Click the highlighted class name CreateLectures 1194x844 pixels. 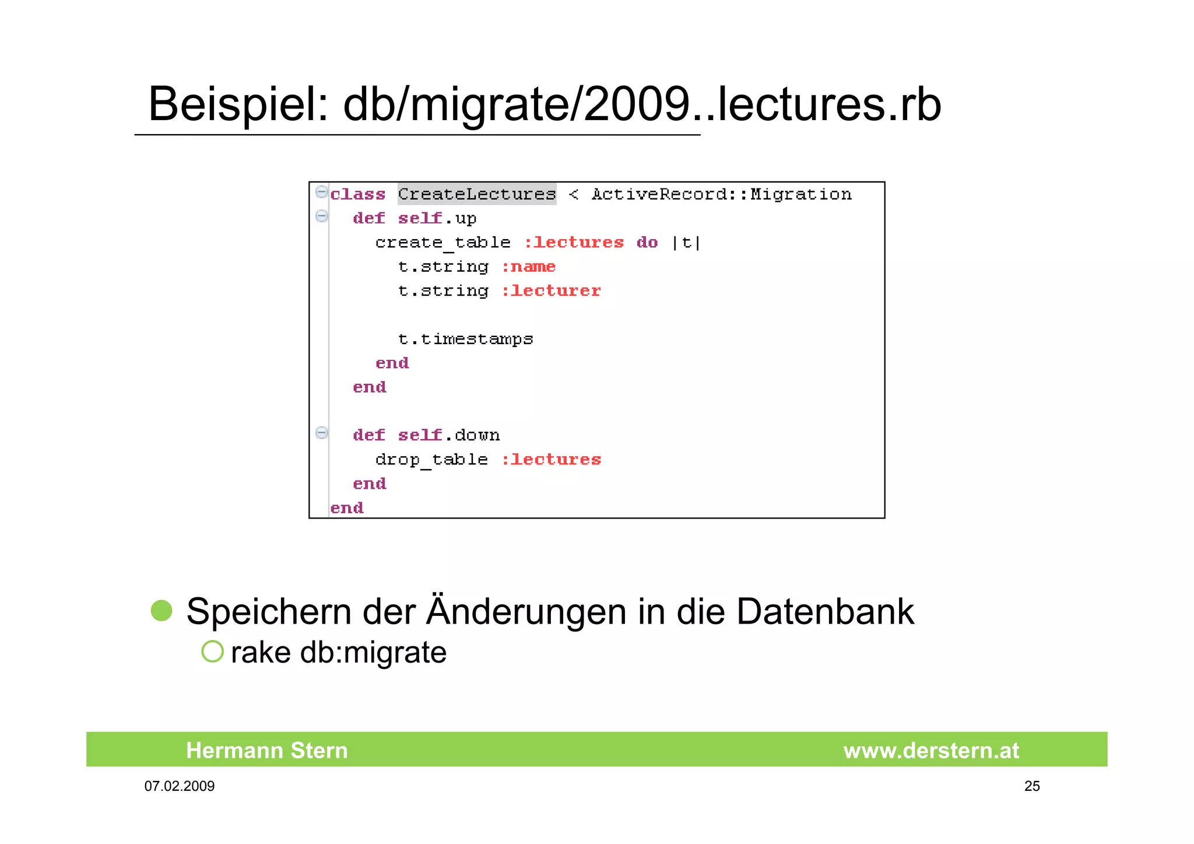tap(477, 194)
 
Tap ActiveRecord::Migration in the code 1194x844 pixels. tap(721, 194)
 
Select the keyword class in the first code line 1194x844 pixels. tap(357, 194)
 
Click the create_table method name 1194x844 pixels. tap(443, 243)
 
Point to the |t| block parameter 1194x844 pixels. tap(686, 243)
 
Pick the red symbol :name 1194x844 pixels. tap(528, 267)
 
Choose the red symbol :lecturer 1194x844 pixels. tap(550, 291)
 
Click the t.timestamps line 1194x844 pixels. tap(465, 339)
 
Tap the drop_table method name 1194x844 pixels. tap(431, 460)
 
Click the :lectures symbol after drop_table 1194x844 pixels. tap(550, 460)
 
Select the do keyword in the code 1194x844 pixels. tap(647, 243)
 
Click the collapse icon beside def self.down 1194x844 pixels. tap(321, 433)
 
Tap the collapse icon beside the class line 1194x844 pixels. tap(321, 191)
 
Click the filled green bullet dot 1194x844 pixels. tap(161, 611)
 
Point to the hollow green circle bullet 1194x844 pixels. tap(212, 652)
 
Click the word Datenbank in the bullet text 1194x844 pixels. tap(825, 612)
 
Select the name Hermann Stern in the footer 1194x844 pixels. tap(266, 750)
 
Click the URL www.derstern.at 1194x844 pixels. tap(931, 751)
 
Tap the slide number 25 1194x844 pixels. tap(1031, 786)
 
